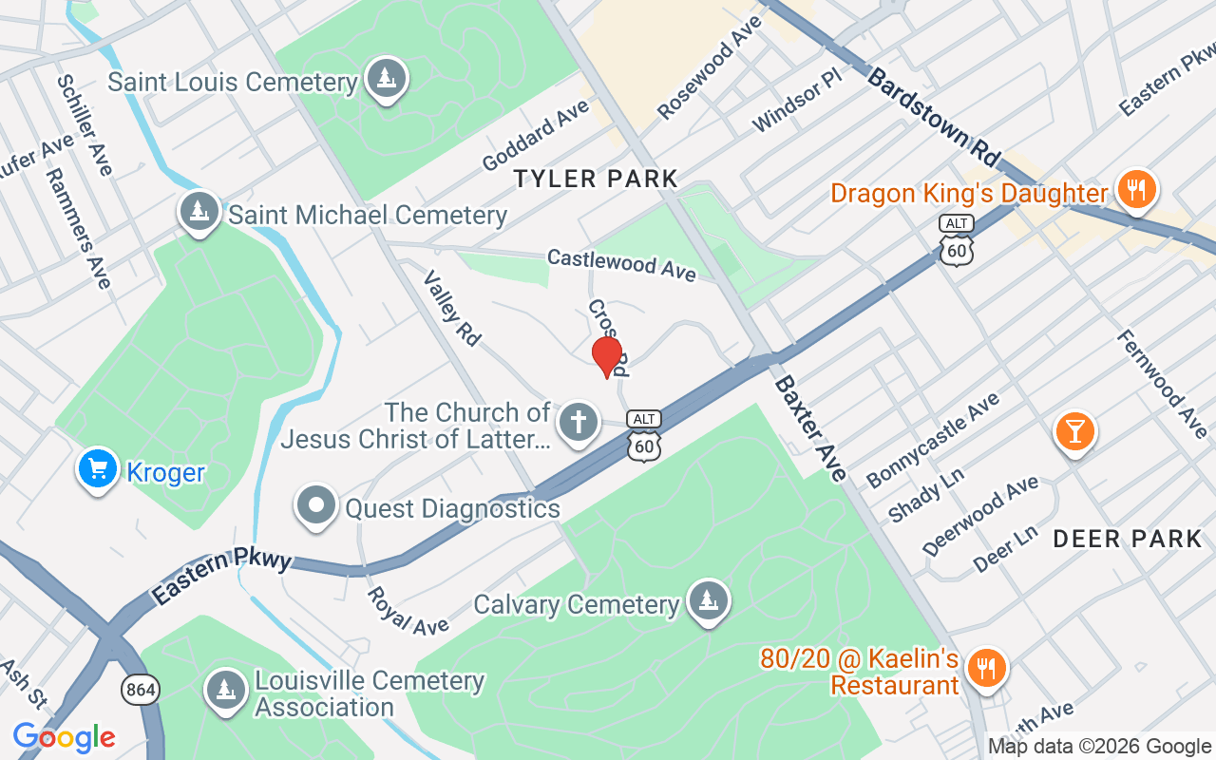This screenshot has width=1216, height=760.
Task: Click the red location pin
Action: point(607,356)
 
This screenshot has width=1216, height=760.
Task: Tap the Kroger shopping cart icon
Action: point(97,469)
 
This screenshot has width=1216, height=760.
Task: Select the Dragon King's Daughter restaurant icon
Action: point(1135,190)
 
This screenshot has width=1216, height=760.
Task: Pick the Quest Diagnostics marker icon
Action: point(316,506)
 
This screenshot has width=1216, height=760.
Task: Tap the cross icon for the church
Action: point(578,423)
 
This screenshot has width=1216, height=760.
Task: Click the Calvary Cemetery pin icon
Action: point(707,601)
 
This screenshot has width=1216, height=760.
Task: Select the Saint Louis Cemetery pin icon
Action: point(386,79)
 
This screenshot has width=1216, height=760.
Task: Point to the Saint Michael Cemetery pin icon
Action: point(199,213)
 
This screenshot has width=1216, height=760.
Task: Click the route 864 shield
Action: point(141,691)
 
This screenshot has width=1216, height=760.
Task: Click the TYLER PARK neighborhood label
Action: point(596,179)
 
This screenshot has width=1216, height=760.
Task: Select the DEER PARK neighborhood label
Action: point(1128,540)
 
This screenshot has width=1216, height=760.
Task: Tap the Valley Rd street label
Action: point(452,307)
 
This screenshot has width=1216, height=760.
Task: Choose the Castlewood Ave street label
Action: point(621,264)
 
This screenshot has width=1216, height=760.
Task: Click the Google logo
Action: point(64,737)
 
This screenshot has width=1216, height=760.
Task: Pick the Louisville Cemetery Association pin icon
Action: point(226,693)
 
